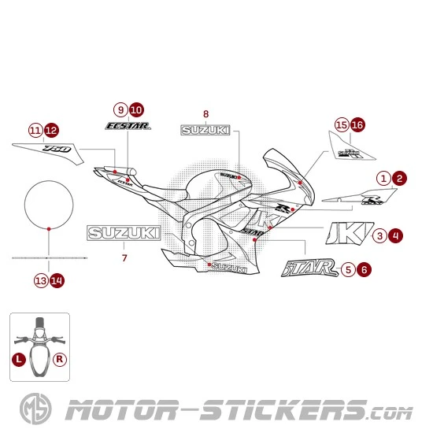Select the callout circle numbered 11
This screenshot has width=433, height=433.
tap(35, 130)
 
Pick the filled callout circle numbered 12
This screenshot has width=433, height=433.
tap(50, 130)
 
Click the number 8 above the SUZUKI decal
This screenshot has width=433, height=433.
tap(205, 114)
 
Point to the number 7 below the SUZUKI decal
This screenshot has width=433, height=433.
tap(124, 257)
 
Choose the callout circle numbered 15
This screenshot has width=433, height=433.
tap(342, 124)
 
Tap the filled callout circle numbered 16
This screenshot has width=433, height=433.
tap(357, 124)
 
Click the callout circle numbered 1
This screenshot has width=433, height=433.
tap(383, 179)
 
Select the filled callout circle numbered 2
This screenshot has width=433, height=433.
tap(400, 179)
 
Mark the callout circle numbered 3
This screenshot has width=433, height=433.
tap(379, 235)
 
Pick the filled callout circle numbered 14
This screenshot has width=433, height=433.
tap(57, 279)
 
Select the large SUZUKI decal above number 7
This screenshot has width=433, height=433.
tap(124, 234)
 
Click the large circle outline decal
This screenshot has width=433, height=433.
tap(50, 205)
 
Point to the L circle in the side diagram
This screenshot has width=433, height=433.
tap(18, 357)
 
